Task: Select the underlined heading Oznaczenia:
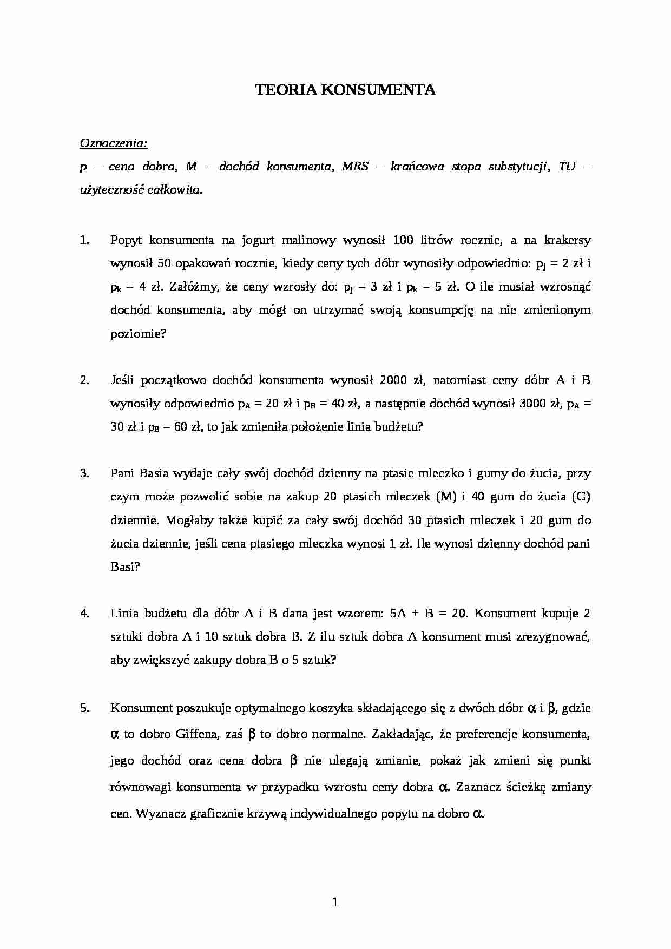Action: pos(114,143)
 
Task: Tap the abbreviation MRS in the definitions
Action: pos(355,167)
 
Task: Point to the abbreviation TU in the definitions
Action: pos(567,167)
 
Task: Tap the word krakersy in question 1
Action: pos(567,240)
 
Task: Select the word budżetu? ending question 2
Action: pos(399,427)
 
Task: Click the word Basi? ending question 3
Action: pos(125,567)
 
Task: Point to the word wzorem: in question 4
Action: pos(360,614)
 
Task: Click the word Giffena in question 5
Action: pos(196,734)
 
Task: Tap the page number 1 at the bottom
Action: pos(335,902)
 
